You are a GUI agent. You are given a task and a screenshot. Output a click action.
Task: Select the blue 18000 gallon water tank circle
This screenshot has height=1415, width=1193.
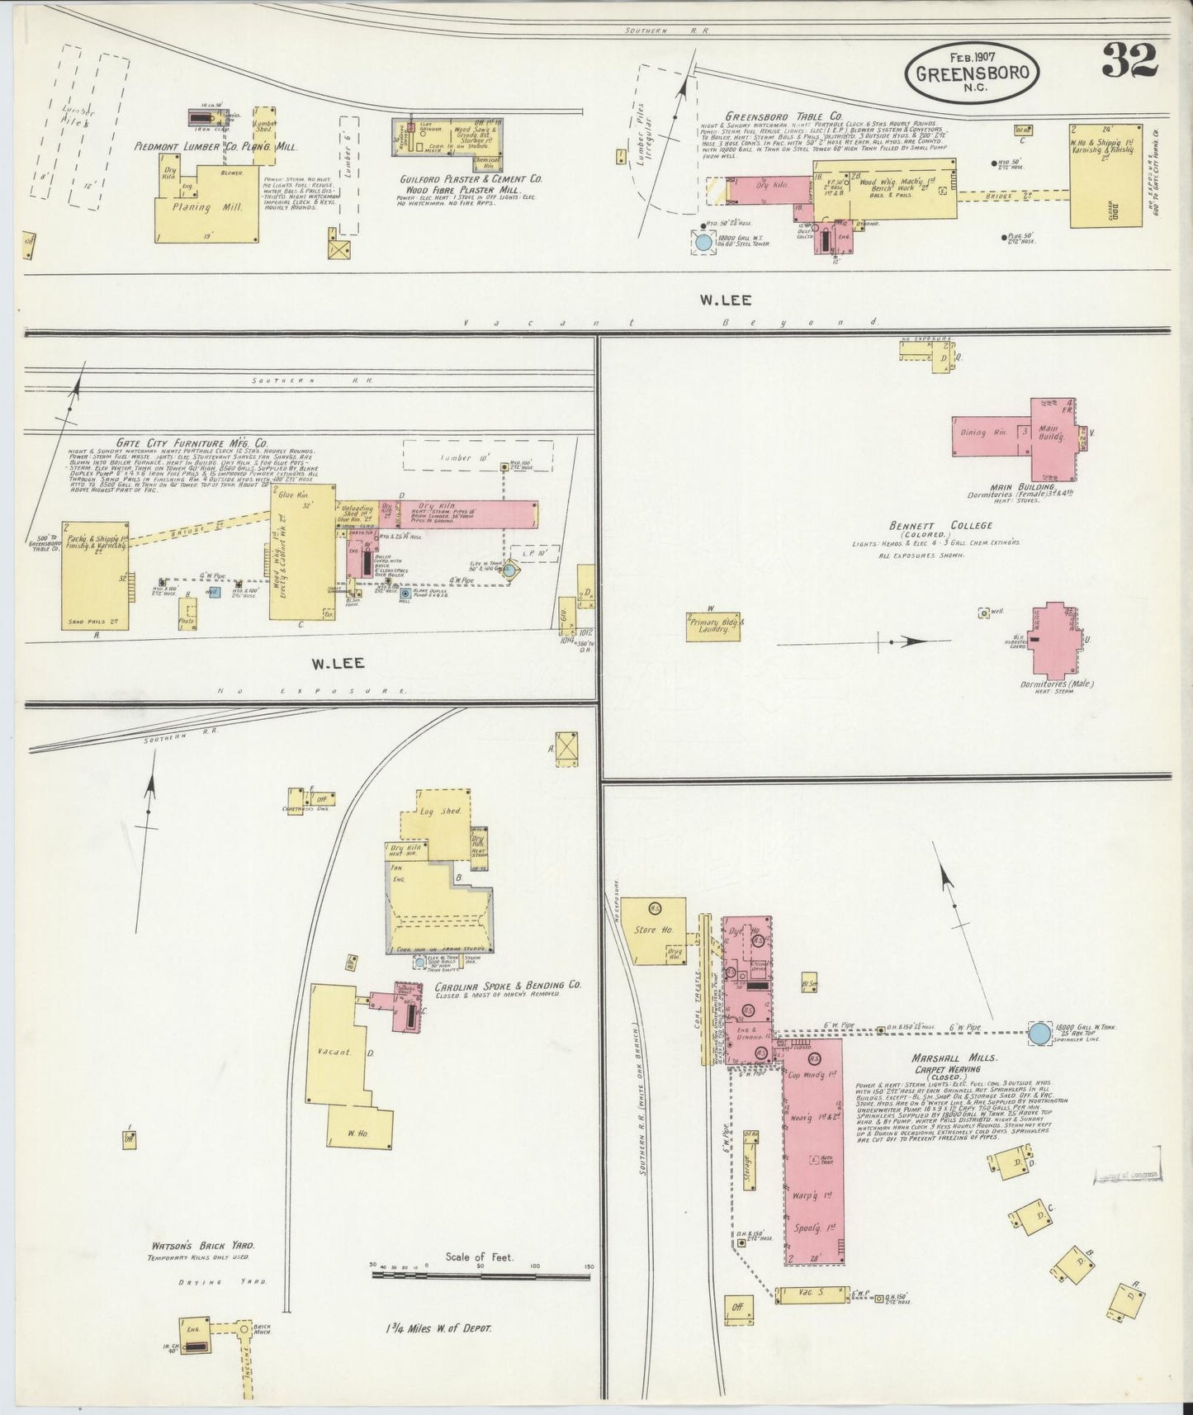[1039, 1032]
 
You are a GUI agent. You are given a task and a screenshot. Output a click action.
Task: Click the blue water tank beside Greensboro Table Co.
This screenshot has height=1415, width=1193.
[703, 243]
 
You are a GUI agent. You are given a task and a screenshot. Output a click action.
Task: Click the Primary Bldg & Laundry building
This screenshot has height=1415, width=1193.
[714, 626]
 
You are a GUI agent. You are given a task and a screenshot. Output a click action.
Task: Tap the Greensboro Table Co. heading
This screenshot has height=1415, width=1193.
[772, 116]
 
